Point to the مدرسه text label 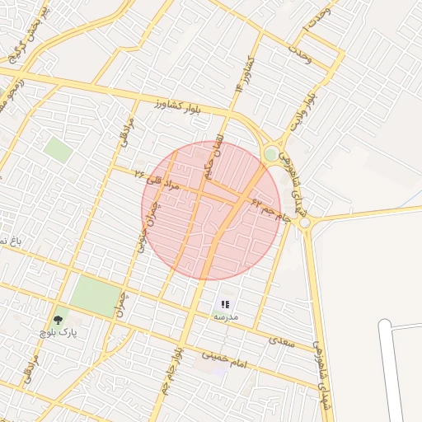point(226,316)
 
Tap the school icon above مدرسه point(226,304)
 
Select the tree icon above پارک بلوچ point(58,319)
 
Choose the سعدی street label point(282,340)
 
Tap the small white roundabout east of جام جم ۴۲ point(305,223)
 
